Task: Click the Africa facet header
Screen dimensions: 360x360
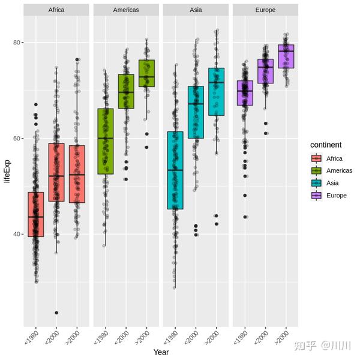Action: tap(56, 10)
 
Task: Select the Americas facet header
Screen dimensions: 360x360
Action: tap(126, 10)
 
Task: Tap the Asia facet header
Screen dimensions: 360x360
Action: tap(196, 10)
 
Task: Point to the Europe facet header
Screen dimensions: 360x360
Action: tap(265, 10)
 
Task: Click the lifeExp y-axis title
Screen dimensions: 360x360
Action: tap(7, 184)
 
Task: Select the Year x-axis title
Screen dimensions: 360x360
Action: tap(161, 352)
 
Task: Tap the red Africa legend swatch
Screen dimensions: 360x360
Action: tap(315, 159)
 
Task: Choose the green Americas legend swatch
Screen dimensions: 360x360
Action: tap(315, 171)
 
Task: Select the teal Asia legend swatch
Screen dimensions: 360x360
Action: tap(315, 183)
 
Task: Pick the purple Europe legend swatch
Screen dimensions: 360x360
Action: tap(315, 195)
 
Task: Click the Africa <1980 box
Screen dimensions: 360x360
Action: tap(36, 214)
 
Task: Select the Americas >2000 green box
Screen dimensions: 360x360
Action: tap(146, 73)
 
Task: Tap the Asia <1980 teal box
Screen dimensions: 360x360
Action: tap(175, 170)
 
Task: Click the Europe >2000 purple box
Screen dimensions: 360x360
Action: tap(286, 56)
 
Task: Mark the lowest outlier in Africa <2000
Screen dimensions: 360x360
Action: tap(56, 313)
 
